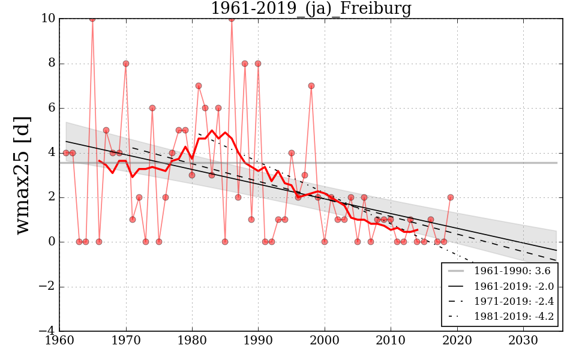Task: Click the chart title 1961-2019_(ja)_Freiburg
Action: [311, 8]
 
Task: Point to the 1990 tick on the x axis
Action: [258, 341]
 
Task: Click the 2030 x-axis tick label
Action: [523, 341]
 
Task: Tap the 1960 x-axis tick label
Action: [59, 341]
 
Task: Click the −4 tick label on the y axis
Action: [46, 331]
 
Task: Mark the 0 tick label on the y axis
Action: [52, 242]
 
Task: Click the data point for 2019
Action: [451, 197]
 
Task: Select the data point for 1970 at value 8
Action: [126, 64]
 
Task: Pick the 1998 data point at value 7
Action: [311, 86]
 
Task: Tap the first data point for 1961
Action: [66, 153]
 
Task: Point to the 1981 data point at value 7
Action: [199, 86]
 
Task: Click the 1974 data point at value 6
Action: [152, 108]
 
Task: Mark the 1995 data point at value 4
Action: [292, 153]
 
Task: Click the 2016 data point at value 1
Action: [431, 220]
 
